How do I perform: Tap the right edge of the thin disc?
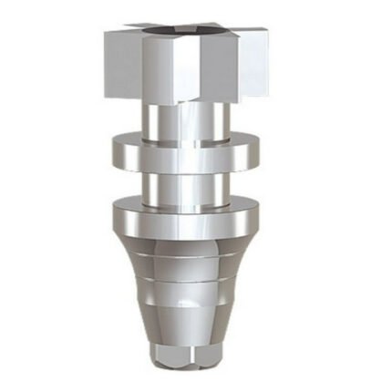pos(257,151)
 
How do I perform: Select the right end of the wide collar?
pos(257,219)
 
